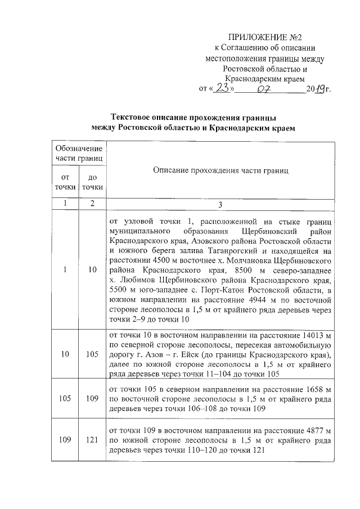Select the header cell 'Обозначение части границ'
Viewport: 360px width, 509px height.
[78, 153]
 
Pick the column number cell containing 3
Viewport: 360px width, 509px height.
[220, 204]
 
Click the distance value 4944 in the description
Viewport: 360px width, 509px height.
[269, 300]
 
